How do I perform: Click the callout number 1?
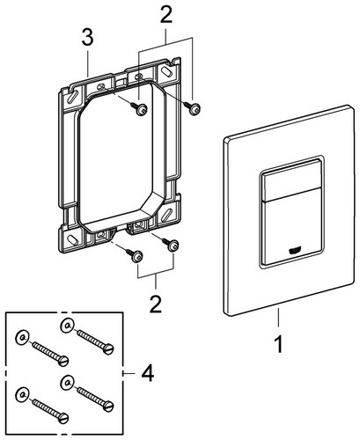click(279, 344)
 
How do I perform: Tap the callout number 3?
click(88, 38)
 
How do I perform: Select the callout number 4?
click(148, 373)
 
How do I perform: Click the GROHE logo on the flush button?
click(295, 251)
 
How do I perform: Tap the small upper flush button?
click(291, 180)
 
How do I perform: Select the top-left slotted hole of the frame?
click(72, 97)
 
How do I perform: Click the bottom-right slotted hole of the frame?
click(166, 213)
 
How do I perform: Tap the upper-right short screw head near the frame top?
click(195, 110)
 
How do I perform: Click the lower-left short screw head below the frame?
click(137, 257)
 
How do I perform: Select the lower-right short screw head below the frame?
click(173, 246)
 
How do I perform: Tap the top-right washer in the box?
click(67, 326)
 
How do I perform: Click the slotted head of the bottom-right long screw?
click(109, 406)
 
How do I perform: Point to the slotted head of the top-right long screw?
click(109, 349)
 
